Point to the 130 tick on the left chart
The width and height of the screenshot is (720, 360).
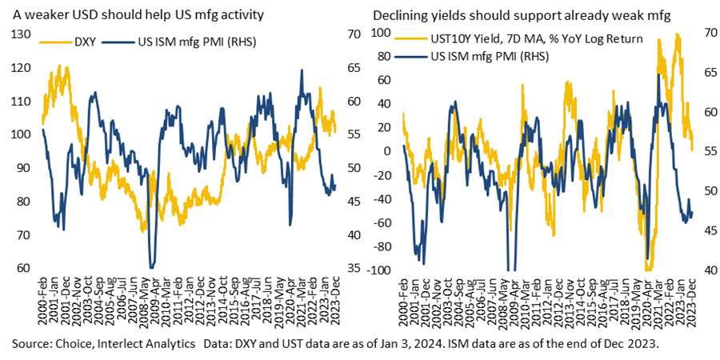[23, 34]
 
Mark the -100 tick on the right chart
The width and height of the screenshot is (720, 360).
[382, 270]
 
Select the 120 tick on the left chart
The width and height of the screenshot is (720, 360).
[23, 67]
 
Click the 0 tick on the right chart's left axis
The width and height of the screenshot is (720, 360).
[391, 150]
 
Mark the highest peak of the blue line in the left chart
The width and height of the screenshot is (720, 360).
[302, 70]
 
